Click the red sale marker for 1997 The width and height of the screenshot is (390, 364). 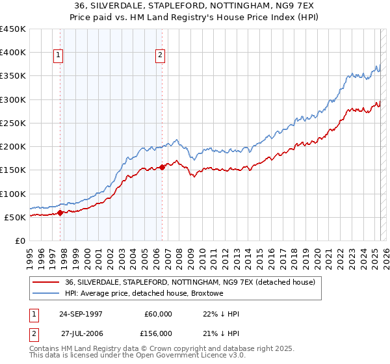[x=60, y=212]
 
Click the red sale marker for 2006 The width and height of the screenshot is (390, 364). [x=162, y=167]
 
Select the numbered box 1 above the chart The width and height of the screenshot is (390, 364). [x=58, y=56]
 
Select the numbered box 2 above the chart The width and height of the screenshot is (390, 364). [x=159, y=56]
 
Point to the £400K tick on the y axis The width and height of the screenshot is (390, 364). [x=12, y=53]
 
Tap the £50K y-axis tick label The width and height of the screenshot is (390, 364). [x=14, y=217]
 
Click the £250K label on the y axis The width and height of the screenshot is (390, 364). [x=12, y=123]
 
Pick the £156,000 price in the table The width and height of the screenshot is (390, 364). [x=158, y=333]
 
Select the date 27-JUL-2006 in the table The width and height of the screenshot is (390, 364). [x=81, y=333]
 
